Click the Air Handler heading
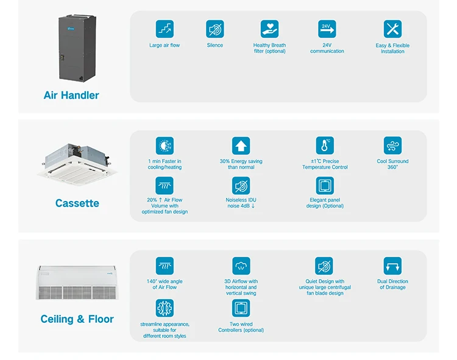click(71, 95)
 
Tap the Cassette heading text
click(77, 203)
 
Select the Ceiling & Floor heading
click(77, 319)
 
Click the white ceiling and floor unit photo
click(77, 282)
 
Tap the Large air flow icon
click(165, 29)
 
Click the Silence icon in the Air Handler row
click(214, 29)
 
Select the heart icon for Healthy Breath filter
click(269, 29)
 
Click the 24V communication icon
click(327, 29)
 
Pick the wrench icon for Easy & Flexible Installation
click(392, 29)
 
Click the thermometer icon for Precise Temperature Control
click(325, 146)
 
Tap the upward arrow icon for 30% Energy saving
click(241, 146)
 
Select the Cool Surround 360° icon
click(392, 146)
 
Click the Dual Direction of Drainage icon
click(392, 266)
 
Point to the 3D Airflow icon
click(241, 266)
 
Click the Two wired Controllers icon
click(241, 308)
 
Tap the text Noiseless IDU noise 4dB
click(241, 203)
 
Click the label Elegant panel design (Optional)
click(325, 203)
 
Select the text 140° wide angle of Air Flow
click(165, 284)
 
